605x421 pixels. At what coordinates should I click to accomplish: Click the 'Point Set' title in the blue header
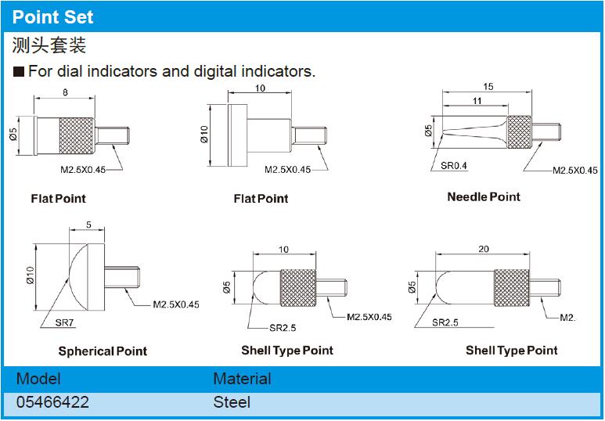[53, 17]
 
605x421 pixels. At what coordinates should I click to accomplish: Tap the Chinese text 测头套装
[49, 45]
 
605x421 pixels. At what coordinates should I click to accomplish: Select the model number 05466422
[52, 402]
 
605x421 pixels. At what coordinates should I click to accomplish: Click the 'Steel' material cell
[232, 402]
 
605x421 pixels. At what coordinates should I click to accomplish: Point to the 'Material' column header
[243, 379]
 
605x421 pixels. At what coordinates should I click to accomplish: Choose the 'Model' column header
[38, 379]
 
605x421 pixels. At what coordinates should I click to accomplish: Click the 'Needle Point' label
[484, 196]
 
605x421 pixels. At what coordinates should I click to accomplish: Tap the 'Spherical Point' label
[103, 351]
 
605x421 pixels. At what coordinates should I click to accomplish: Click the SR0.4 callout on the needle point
[454, 166]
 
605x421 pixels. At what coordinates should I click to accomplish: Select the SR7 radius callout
[64, 322]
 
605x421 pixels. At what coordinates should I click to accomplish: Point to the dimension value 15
[488, 86]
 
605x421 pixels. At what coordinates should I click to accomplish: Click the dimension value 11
[477, 101]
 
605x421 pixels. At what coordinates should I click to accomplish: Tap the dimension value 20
[484, 250]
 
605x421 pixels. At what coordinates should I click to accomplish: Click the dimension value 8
[65, 92]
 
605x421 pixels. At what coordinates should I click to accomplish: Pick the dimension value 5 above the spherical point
[88, 225]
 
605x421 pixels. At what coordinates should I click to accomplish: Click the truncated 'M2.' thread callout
[567, 318]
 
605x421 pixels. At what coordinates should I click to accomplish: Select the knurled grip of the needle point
[520, 132]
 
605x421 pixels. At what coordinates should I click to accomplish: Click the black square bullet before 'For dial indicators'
[19, 72]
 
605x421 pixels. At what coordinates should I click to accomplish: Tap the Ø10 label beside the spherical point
[31, 275]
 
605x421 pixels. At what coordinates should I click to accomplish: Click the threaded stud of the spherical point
[122, 277]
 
